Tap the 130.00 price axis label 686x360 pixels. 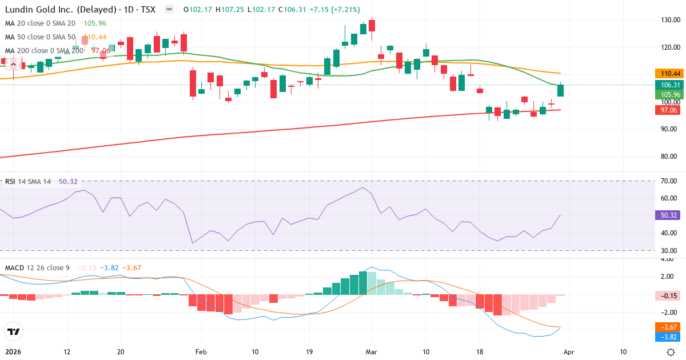[669, 20]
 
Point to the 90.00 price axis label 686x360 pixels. [669, 129]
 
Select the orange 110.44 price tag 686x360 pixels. [669, 74]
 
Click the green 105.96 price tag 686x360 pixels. [669, 94]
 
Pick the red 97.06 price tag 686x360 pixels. [669, 110]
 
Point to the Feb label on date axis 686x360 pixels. [200, 352]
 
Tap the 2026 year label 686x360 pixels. [13, 352]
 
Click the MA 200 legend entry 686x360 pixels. [43, 51]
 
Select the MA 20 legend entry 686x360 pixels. [40, 23]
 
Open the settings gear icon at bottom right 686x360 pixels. [671, 352]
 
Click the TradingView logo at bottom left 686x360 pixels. [13, 331]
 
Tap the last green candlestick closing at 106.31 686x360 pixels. [561, 90]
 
